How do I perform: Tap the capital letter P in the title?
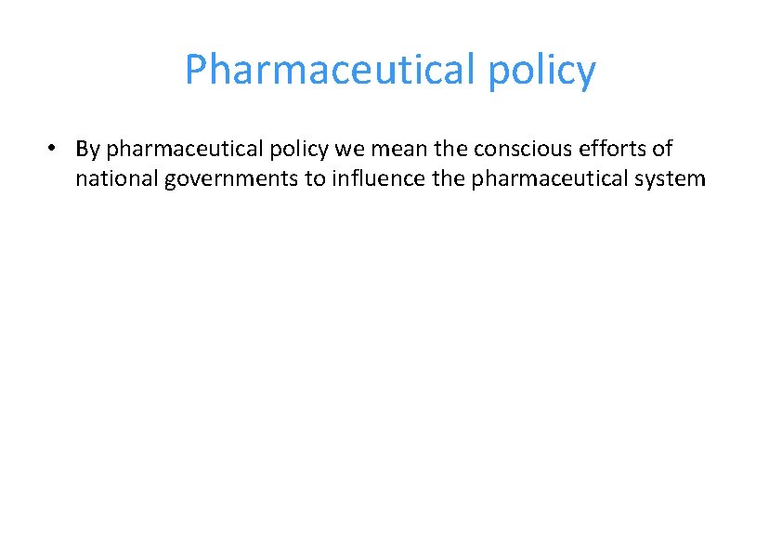197,70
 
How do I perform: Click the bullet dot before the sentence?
56,149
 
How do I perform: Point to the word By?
88,150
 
